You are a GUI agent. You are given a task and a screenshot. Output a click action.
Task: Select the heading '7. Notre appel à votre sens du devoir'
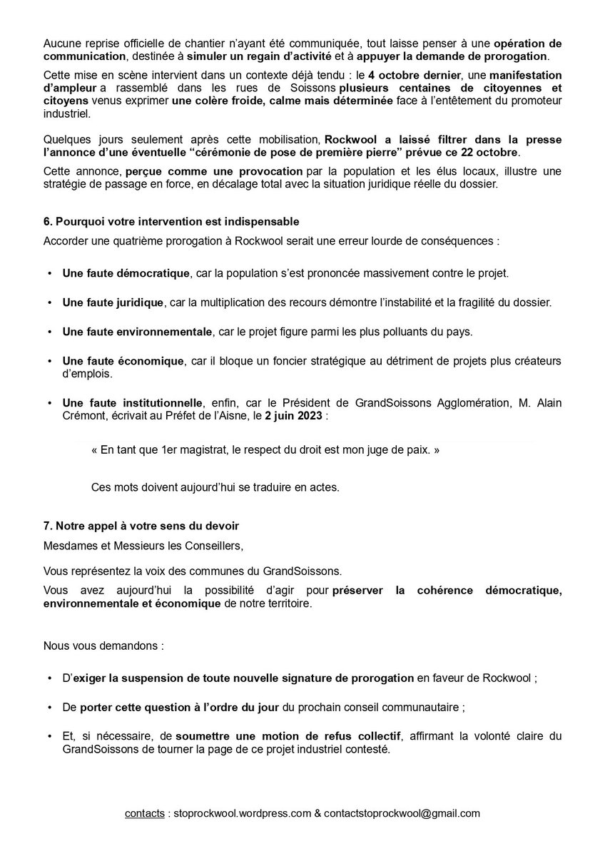click(x=141, y=526)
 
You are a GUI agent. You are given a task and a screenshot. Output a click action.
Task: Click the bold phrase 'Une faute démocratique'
click(x=126, y=273)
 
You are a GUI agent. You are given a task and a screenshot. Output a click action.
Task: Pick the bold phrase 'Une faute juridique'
click(x=113, y=302)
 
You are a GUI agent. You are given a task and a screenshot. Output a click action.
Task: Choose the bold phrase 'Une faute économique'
click(x=123, y=361)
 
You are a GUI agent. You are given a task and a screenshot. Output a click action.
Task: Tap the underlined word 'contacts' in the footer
click(x=144, y=812)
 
